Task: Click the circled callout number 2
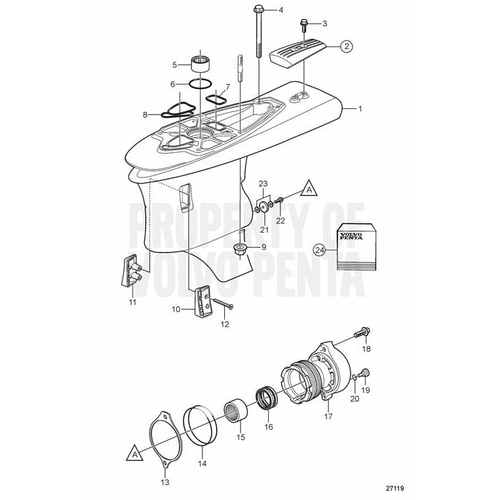[346, 46]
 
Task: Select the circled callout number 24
[319, 249]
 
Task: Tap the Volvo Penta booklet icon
[356, 248]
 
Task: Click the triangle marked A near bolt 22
[307, 190]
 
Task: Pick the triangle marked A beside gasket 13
[134, 453]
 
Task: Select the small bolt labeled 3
[304, 26]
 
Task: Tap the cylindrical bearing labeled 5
[200, 64]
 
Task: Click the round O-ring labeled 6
[200, 84]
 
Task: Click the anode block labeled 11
[132, 270]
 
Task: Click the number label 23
[263, 184]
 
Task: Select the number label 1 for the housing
[358, 108]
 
